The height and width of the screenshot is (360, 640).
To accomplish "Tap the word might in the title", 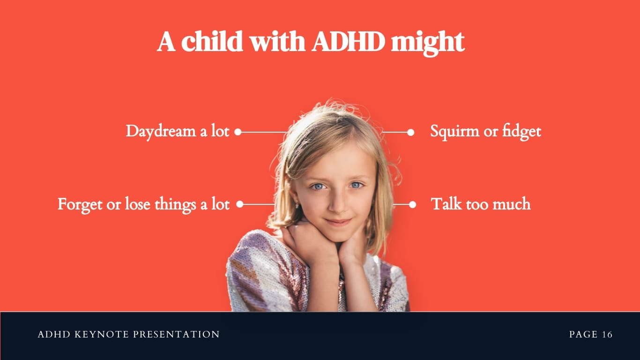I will pos(427,43).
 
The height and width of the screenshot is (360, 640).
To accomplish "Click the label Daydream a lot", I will pos(178,131).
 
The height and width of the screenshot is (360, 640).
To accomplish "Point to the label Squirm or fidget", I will pos(485,132).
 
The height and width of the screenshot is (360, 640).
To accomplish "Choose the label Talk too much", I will pos(480,204).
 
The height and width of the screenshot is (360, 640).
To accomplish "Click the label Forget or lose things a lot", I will pos(143,205).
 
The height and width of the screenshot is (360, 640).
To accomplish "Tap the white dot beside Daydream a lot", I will pos(238,132).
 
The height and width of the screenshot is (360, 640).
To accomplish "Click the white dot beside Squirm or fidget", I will pos(411,132).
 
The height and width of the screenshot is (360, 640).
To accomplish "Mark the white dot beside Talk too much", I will pos(412,204).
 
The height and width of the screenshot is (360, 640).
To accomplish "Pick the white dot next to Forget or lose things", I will pos(239,204).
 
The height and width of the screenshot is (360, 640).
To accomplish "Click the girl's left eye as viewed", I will pos(319,187).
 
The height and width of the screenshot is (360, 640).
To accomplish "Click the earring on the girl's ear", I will pos(297,205).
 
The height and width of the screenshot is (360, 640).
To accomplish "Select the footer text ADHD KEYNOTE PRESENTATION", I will pos(128,335).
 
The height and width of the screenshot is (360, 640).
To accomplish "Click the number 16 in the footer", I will pos(607,335).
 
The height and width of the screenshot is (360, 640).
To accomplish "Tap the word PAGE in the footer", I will pos(583,335).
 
